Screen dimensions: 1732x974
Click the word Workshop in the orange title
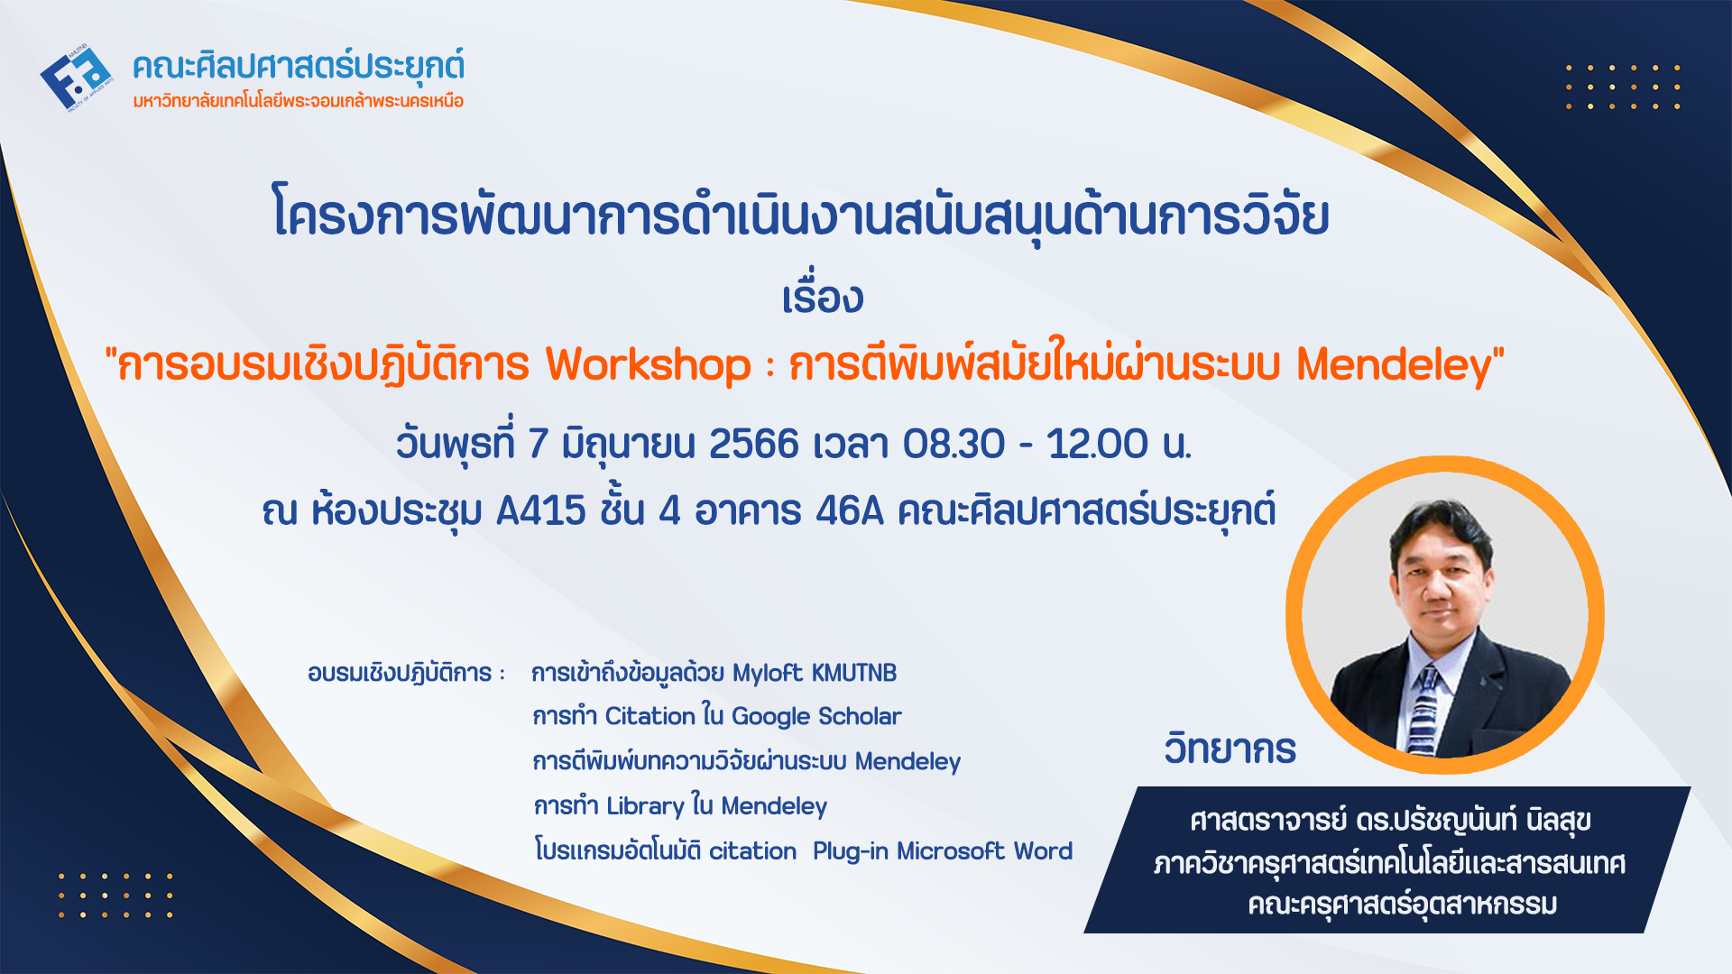click(648, 365)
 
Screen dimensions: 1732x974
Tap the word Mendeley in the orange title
click(1394, 365)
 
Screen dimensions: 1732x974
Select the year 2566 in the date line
click(754, 444)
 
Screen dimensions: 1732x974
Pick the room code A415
click(541, 511)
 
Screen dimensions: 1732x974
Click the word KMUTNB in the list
click(854, 673)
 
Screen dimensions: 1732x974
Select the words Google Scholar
click(816, 717)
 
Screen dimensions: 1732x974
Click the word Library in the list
click(645, 806)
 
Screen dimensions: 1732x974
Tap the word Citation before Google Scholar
click(650, 716)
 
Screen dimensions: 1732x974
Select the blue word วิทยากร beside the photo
click(1230, 749)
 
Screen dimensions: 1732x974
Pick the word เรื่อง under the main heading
click(823, 295)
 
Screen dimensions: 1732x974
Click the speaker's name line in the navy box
click(1390, 821)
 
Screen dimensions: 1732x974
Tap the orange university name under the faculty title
click(299, 101)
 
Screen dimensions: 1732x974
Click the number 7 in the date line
click(538, 444)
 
